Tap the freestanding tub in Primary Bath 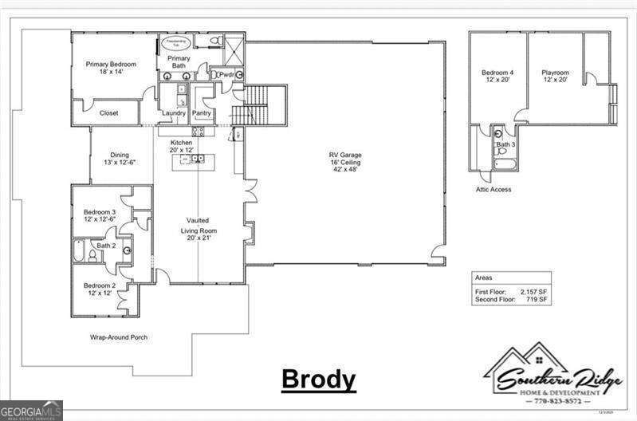point(174,42)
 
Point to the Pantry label point(202,113)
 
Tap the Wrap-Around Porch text point(118,337)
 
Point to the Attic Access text point(494,189)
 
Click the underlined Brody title point(318,380)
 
